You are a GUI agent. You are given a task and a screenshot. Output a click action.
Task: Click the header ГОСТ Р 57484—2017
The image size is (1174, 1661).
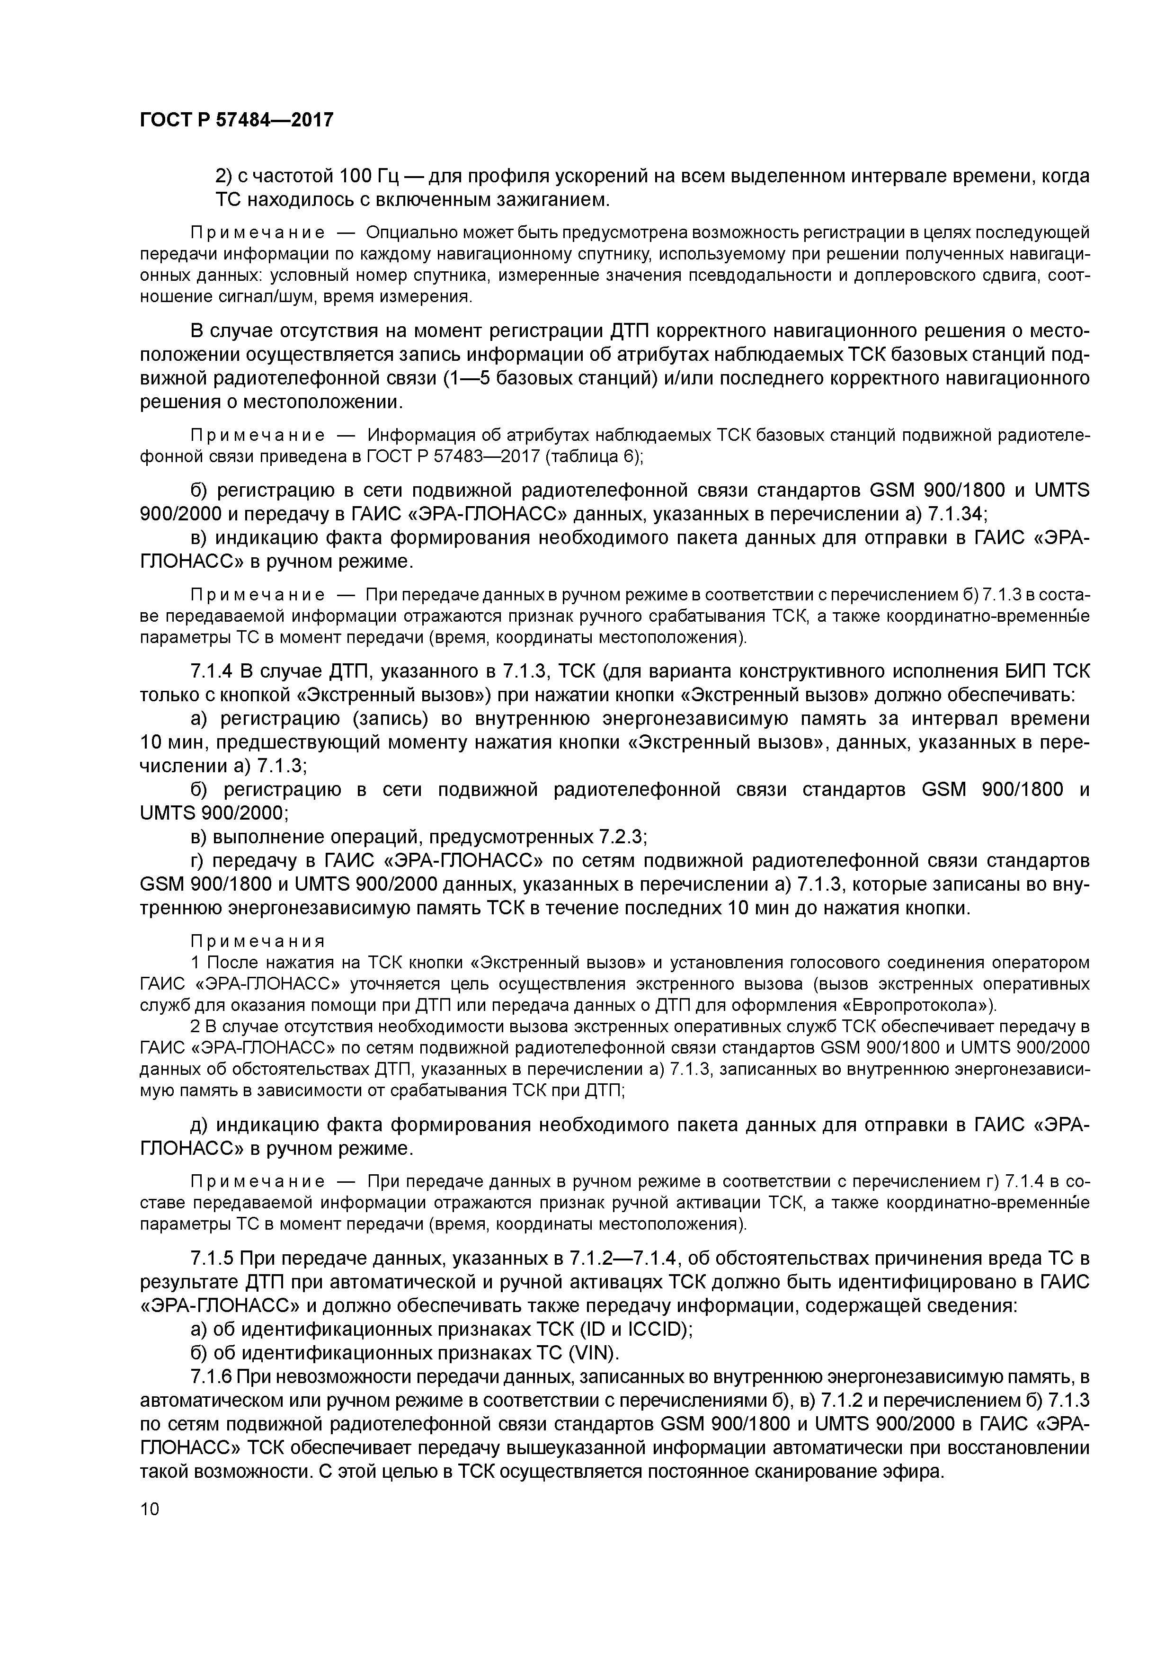[237, 119]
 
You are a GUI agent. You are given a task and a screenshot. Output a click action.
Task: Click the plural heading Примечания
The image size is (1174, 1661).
[258, 941]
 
